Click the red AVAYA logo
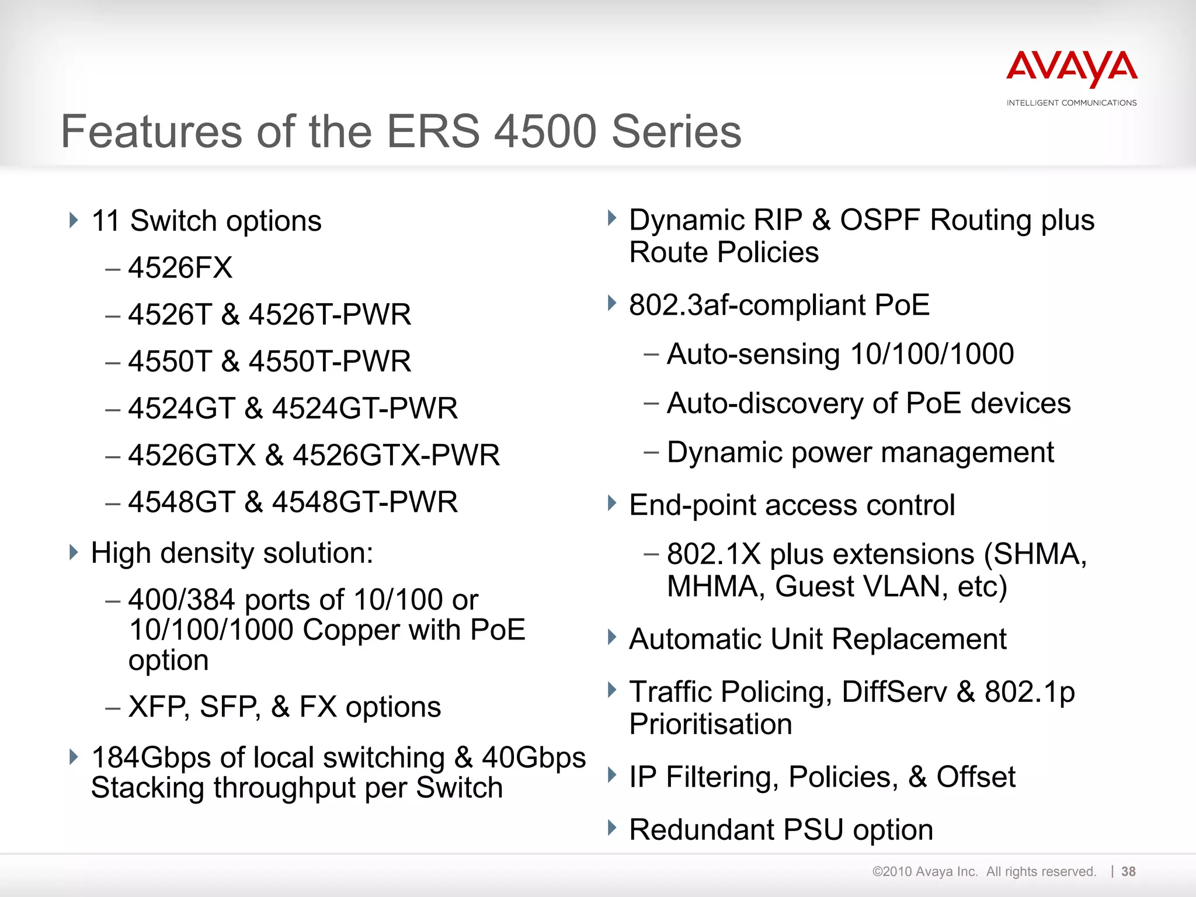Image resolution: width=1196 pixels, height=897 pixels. point(1072,69)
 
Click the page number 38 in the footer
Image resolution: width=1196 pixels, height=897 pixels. point(1128,871)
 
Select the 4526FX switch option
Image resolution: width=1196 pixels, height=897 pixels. point(180,268)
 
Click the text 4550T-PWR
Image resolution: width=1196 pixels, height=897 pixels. point(330,361)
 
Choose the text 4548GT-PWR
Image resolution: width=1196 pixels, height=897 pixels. point(365,502)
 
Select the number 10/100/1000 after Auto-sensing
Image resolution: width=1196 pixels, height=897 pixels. point(932,354)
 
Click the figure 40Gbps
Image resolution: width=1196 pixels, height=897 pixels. point(534,757)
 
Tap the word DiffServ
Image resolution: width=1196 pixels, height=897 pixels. point(894,691)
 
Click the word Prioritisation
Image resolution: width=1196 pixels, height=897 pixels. point(711,724)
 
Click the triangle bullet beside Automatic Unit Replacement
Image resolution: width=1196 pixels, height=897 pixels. point(612,637)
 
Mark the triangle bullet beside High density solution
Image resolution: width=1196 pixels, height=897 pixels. point(74,552)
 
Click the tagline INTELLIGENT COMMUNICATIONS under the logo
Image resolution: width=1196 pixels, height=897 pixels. point(1072,103)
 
